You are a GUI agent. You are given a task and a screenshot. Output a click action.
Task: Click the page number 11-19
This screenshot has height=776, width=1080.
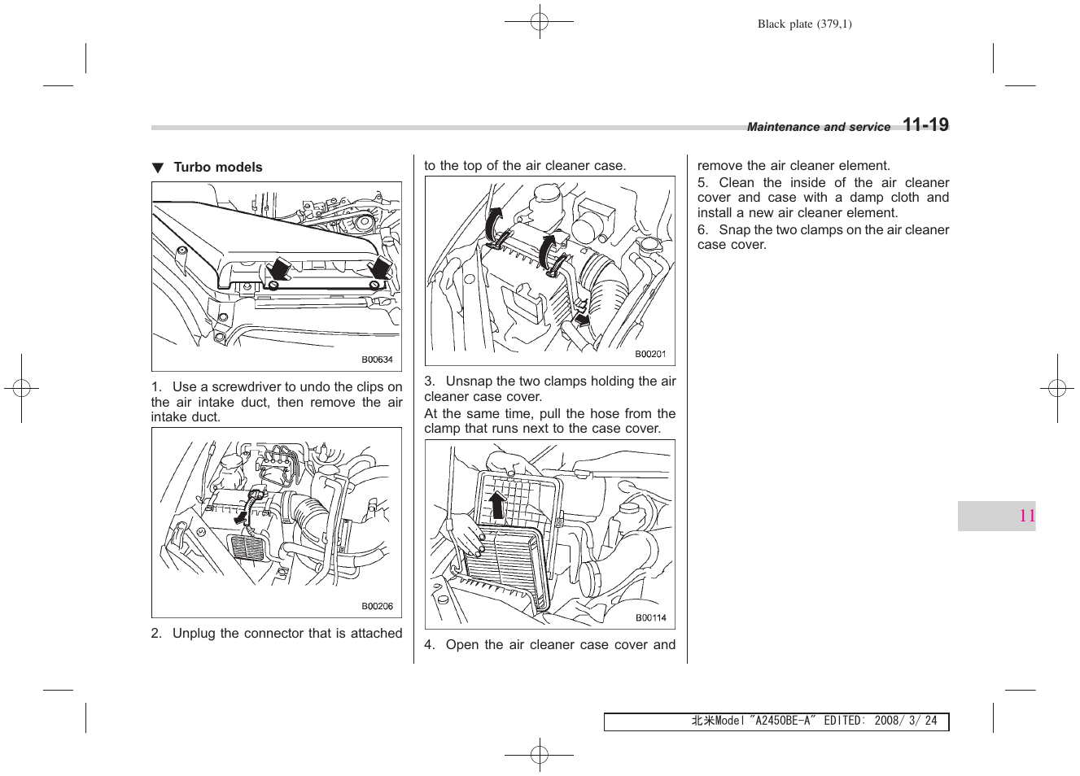(925, 125)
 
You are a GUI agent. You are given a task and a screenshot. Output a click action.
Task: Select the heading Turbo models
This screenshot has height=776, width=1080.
(217, 168)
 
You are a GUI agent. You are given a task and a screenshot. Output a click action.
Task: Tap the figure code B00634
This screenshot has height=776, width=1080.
(377, 360)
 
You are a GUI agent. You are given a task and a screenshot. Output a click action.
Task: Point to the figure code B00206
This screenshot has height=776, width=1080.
(377, 606)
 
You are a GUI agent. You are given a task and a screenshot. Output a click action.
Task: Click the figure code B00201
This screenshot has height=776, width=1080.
(650, 354)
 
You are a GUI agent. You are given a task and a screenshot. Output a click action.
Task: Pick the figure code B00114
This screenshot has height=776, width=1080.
(650, 617)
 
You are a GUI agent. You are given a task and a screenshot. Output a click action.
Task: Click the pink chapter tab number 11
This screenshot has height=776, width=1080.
(1026, 516)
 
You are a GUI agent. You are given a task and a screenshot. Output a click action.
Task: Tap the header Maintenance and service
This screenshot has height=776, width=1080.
(818, 128)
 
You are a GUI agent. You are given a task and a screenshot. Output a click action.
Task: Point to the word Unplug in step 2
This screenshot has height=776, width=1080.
(194, 634)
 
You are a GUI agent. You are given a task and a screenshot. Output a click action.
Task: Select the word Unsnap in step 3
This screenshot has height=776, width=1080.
(468, 381)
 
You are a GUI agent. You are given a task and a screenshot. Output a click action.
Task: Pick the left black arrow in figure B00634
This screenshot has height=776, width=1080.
(279, 269)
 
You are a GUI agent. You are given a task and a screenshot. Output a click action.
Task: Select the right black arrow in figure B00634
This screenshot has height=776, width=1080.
(380, 268)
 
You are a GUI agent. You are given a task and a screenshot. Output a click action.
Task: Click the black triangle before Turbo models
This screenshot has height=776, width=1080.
(158, 168)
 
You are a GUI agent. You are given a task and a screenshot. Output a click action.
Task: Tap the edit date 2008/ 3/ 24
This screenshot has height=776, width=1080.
(905, 721)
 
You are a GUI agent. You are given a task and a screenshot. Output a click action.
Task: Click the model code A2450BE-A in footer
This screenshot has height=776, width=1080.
(783, 721)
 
